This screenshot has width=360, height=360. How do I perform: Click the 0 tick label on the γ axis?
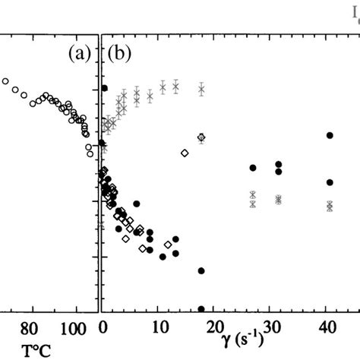(103, 328)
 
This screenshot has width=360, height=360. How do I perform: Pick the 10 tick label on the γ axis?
(159, 328)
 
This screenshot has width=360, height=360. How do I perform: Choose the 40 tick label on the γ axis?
(330, 328)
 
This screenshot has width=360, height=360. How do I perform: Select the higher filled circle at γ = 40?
(330, 135)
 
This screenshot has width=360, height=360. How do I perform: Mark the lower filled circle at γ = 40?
(330, 182)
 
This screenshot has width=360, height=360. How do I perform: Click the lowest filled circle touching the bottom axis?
(201, 309)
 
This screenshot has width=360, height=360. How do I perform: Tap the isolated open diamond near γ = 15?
(185, 153)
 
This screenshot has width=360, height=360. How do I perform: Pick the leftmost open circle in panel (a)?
(6, 81)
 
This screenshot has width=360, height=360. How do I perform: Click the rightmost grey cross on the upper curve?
(201, 90)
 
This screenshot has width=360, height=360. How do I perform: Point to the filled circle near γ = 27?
(253, 167)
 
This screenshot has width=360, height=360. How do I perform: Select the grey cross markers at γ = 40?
(330, 205)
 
